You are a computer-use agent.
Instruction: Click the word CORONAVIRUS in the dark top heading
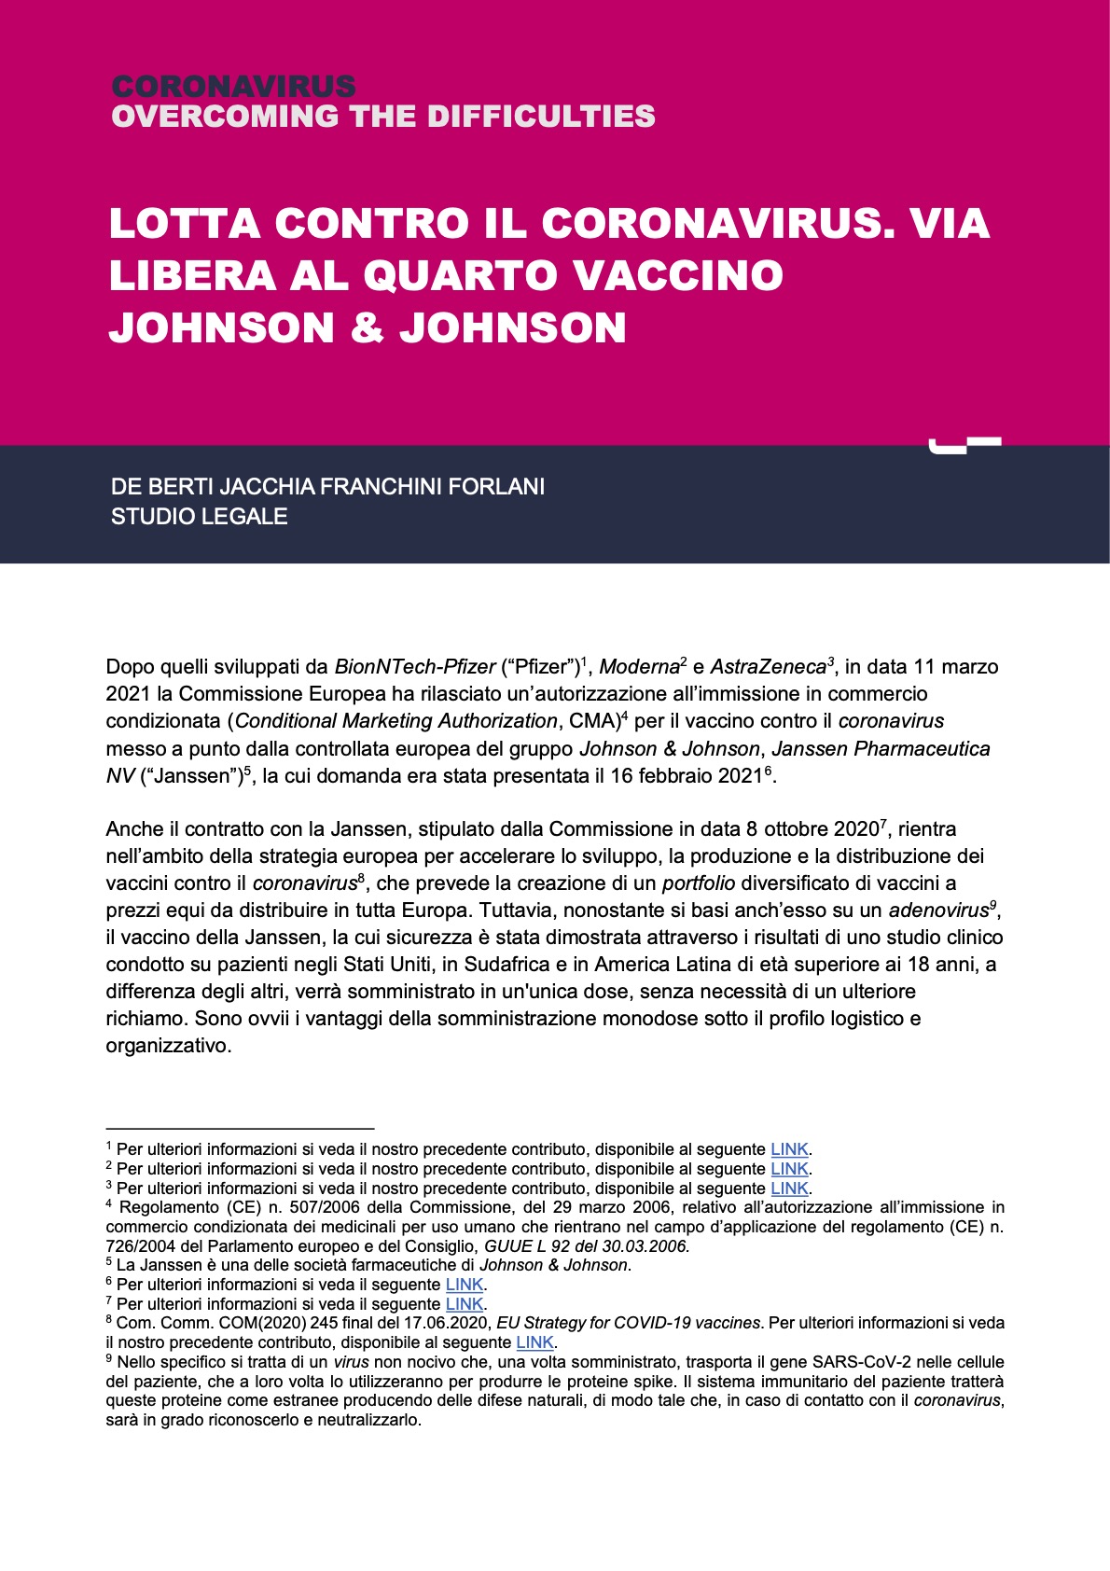tap(233, 87)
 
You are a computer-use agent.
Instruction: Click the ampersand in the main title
tap(366, 328)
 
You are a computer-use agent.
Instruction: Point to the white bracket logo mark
tap(964, 444)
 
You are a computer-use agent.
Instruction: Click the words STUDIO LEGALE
tap(199, 516)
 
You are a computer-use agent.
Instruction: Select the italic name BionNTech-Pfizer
tap(415, 667)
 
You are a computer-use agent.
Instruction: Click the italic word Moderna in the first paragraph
tap(639, 667)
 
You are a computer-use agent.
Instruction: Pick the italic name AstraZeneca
tap(769, 667)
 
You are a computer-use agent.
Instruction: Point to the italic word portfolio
tap(699, 883)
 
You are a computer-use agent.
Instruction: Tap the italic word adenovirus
tap(937, 910)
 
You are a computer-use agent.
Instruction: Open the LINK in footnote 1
tap(789, 1149)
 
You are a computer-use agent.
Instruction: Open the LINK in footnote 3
tap(789, 1189)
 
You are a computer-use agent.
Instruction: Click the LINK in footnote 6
tap(465, 1285)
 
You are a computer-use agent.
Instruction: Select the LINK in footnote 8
tap(535, 1342)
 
